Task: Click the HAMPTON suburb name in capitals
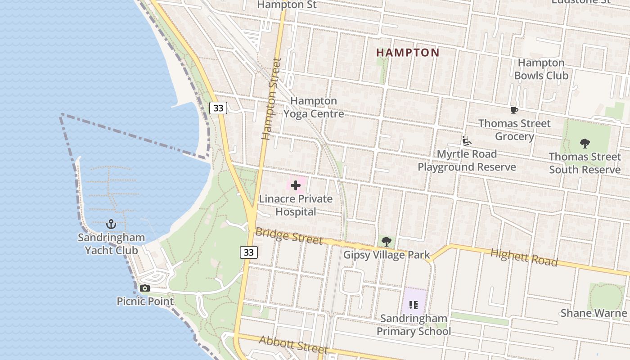pos(408,53)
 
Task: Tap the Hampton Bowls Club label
pos(541,69)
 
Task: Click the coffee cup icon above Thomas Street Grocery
pos(514,110)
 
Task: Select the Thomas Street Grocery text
pos(514,130)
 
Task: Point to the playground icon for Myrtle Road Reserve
pos(467,141)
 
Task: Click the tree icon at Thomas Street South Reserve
pos(585,144)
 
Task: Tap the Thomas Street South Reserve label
pos(585,163)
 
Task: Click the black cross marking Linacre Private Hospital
pos(296,185)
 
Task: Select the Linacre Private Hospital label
pos(296,205)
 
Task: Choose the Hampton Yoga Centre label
pos(314,107)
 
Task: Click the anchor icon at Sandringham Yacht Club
pos(111,224)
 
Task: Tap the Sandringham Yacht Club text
pos(111,243)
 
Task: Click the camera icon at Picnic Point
pos(144,288)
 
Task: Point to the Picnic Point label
pos(145,301)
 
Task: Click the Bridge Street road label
pos(289,236)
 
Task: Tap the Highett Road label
pos(524,258)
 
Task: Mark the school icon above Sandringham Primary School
pos(414,305)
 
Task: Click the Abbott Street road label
pos(293,345)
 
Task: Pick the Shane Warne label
pos(593,313)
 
